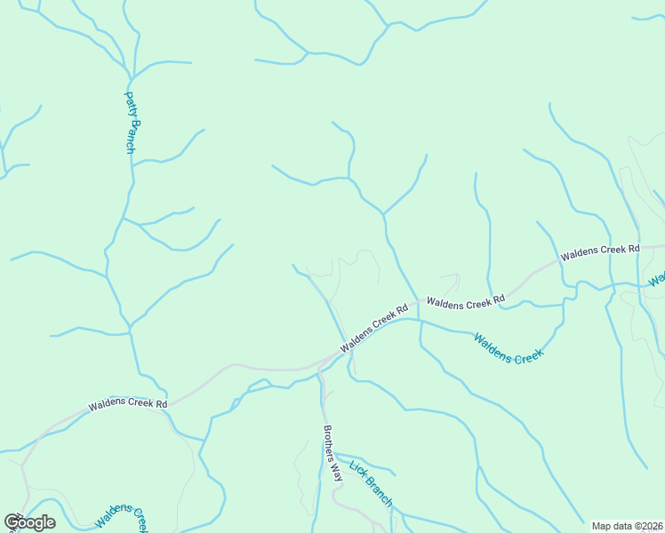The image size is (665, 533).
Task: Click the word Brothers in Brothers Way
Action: point(329,440)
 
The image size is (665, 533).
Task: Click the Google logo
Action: point(29,522)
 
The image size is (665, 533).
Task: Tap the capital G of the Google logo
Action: point(12,522)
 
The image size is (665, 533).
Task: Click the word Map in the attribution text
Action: point(603,526)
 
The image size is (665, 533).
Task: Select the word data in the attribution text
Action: point(624,526)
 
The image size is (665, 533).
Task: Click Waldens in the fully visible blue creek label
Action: point(491,343)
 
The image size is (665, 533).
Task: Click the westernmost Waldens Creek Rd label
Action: point(128,404)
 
